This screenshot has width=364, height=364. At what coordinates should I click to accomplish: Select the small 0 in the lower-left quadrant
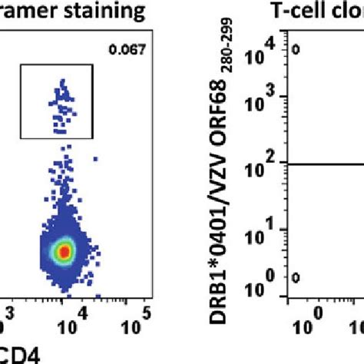click(x=295, y=278)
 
